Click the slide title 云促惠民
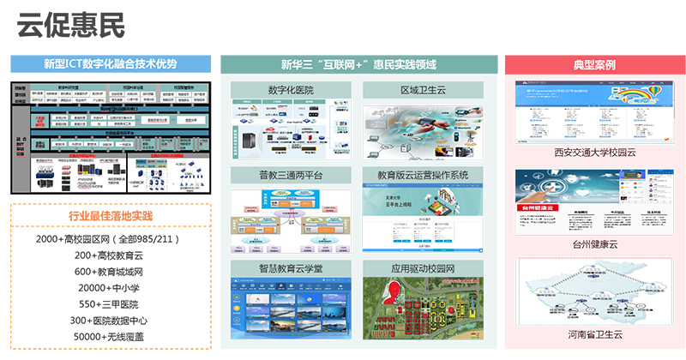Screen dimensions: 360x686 (70, 26)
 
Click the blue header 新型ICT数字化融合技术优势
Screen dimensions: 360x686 (110, 63)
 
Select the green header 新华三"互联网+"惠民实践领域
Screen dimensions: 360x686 (358, 63)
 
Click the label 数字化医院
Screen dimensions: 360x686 (291, 90)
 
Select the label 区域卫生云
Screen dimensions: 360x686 (423, 90)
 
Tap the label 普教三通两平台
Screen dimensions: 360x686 (291, 175)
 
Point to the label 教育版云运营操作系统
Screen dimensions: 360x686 (423, 175)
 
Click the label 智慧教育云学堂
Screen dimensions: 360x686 (291, 268)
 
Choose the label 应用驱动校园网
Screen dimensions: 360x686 (423, 268)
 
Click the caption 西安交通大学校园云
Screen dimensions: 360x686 (595, 153)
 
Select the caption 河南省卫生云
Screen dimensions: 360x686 (595, 333)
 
